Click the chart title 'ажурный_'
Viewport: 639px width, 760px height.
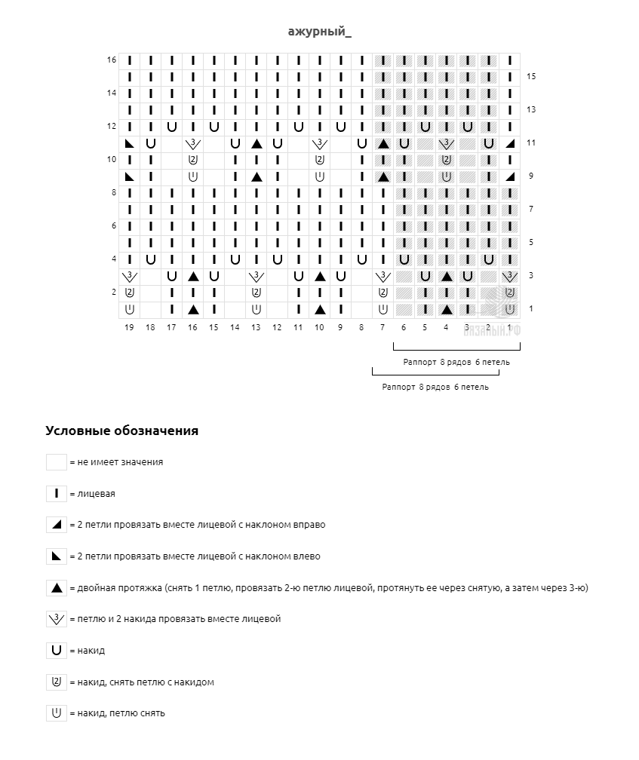click(x=319, y=32)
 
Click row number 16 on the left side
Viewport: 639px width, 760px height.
click(x=112, y=60)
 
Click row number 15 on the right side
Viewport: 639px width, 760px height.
click(x=531, y=76)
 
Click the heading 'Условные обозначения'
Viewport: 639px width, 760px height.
click(x=121, y=431)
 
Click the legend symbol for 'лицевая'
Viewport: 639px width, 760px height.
click(x=57, y=494)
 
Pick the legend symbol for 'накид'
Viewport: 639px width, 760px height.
click(x=57, y=650)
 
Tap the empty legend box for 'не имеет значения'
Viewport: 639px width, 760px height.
click(x=57, y=462)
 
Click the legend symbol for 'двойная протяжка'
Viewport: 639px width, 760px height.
click(x=57, y=587)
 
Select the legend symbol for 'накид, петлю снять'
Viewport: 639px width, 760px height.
click(x=57, y=712)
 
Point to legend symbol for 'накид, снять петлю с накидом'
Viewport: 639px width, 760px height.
click(x=57, y=682)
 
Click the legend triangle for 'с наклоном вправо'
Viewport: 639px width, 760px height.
click(x=57, y=525)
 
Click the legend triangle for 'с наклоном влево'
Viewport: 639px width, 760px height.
click(x=57, y=556)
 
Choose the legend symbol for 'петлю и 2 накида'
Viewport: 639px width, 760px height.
click(x=57, y=619)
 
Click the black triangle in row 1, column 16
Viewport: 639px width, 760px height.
click(x=193, y=309)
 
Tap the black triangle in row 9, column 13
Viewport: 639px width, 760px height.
click(x=257, y=176)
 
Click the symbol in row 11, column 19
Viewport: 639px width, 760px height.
click(x=130, y=143)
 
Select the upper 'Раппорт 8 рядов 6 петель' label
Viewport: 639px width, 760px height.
click(x=456, y=362)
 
